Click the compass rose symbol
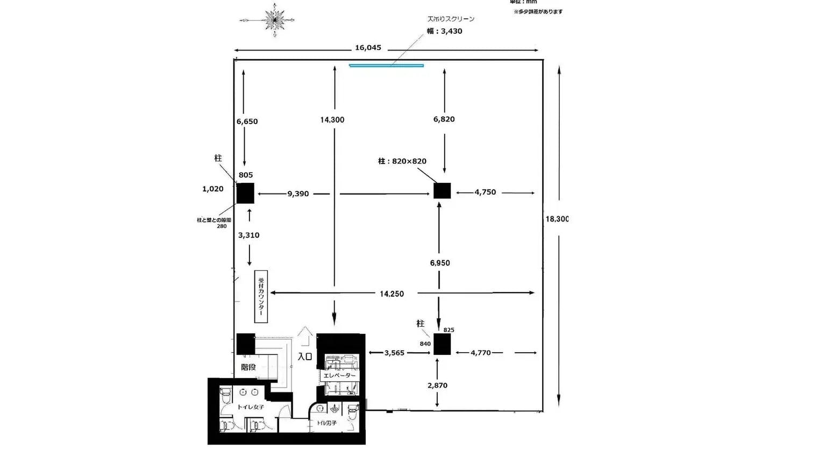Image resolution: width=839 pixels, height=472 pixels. pos(274,20)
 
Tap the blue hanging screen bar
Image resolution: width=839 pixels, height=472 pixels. pos(386,66)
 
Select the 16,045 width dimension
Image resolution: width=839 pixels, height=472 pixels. pos(368,48)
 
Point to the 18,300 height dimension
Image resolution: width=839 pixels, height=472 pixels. pos(557,219)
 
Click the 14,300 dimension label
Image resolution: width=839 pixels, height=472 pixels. pos(332,120)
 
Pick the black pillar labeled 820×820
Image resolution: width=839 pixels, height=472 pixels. pos(442,191)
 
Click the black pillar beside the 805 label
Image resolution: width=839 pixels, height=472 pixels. pos(245,193)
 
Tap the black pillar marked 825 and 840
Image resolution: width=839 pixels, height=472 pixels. pos(442,344)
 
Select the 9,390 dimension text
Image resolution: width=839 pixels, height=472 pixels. pos(298,194)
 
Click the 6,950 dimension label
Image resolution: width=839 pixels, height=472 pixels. pos(440,263)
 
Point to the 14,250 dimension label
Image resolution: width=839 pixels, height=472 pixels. pos(392,294)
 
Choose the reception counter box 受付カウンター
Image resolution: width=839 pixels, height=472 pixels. pos(261,296)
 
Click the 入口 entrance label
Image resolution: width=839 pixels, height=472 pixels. pos(305,356)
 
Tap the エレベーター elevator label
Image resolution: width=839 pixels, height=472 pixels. pos(339,375)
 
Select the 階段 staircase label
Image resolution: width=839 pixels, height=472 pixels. pos(248,367)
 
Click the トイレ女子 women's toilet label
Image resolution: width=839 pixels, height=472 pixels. pos(251,407)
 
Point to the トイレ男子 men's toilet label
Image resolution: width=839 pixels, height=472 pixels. pos(326,423)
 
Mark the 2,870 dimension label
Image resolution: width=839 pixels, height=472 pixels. pos(437,385)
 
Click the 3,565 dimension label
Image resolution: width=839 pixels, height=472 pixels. pos(394,353)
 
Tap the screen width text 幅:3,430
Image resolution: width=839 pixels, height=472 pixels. pos(445,31)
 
